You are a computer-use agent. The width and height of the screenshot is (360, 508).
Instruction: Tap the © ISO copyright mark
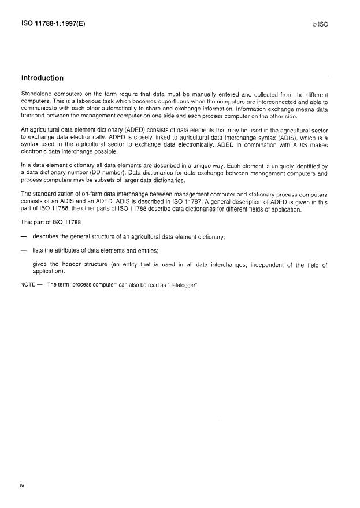point(320,25)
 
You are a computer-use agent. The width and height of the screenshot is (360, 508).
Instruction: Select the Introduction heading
point(42,78)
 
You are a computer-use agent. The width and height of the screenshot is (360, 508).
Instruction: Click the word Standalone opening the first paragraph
point(39,94)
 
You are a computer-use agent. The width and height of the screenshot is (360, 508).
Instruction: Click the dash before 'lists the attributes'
point(24,250)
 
